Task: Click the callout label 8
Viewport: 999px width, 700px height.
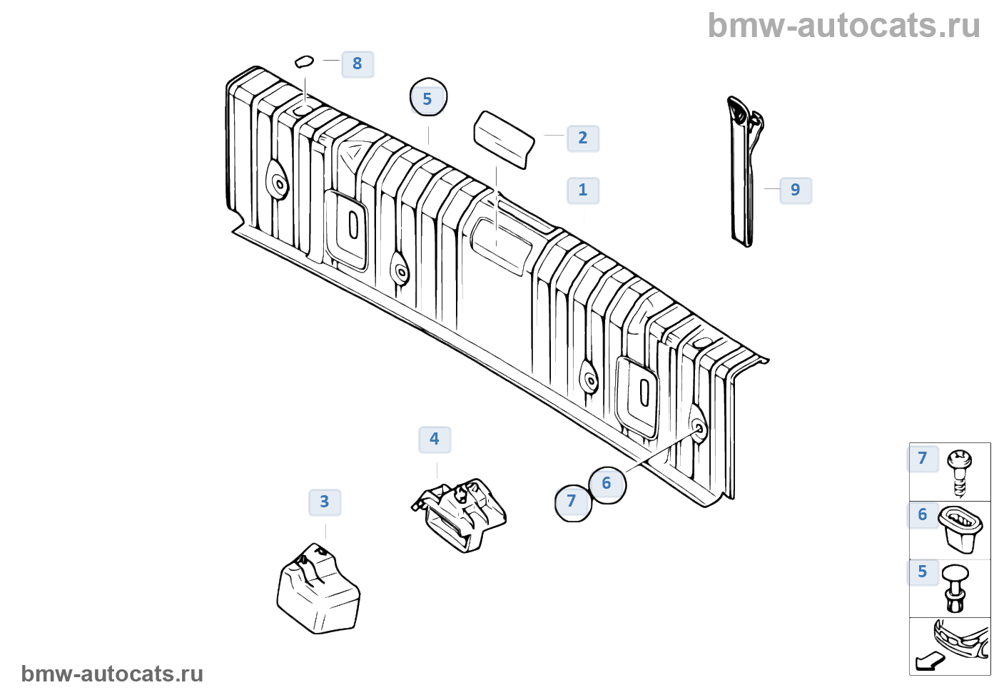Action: [357, 64]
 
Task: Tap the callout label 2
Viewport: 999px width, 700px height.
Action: [583, 138]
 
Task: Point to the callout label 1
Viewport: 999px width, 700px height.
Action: [583, 190]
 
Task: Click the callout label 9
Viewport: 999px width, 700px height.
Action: [796, 190]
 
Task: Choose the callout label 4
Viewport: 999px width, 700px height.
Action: [435, 439]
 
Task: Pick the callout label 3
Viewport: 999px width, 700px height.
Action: [325, 502]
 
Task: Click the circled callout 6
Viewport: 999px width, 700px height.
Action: [607, 484]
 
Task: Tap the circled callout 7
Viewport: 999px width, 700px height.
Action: [572, 502]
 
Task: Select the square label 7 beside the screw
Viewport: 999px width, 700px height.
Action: [923, 458]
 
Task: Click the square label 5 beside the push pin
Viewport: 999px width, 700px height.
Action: [923, 572]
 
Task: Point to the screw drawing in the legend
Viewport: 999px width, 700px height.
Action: [960, 471]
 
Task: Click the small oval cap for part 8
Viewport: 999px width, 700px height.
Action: [305, 61]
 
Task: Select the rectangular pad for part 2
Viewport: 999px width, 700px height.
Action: [504, 139]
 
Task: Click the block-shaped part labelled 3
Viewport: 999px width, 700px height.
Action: [318, 589]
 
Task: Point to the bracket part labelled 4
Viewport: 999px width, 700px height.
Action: [460, 514]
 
